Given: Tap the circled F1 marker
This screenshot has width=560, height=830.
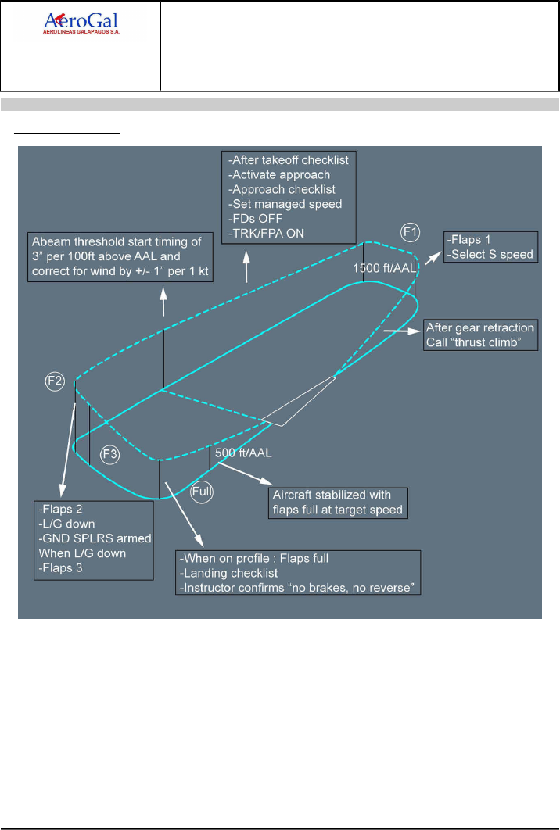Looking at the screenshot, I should [410, 231].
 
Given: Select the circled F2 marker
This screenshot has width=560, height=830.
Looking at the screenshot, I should [55, 381].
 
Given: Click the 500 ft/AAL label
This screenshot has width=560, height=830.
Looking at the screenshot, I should [242, 452].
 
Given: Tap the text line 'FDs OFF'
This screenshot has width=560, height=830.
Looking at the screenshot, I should [254, 219].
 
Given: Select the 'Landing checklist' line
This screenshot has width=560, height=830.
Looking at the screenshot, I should [221, 573].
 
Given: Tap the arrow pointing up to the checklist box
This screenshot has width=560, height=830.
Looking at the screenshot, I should [246, 270].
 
